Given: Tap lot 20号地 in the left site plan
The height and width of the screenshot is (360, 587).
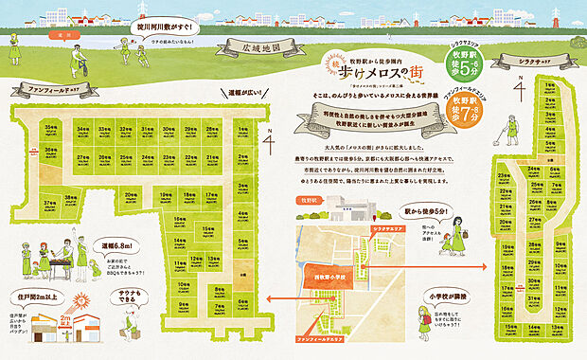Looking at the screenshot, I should pyautogui.click(x=132, y=196).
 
